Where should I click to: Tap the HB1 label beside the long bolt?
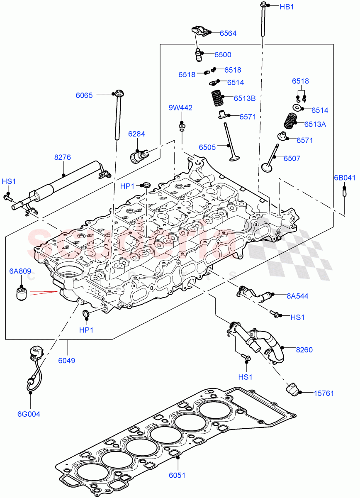pos(287,7)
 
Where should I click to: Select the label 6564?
pos(228,34)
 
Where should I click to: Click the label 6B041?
pos(345,178)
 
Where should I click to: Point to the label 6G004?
pos(29,414)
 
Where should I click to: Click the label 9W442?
pos(180,108)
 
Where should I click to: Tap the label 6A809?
pos(20,272)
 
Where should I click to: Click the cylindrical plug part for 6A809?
pos(22,293)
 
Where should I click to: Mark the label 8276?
pos(63,158)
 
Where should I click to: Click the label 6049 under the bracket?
pos(66,361)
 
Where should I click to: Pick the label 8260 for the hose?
pos(304,350)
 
